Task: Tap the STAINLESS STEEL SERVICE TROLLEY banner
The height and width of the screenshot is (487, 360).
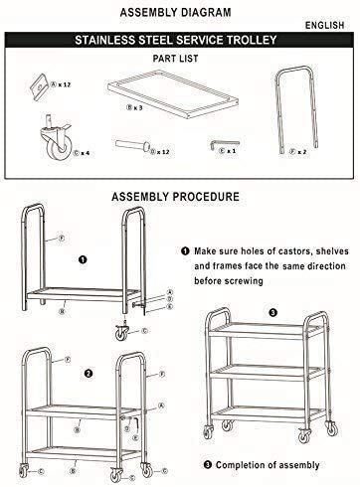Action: coord(180,43)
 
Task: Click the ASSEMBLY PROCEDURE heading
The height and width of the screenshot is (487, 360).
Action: coord(179,197)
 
